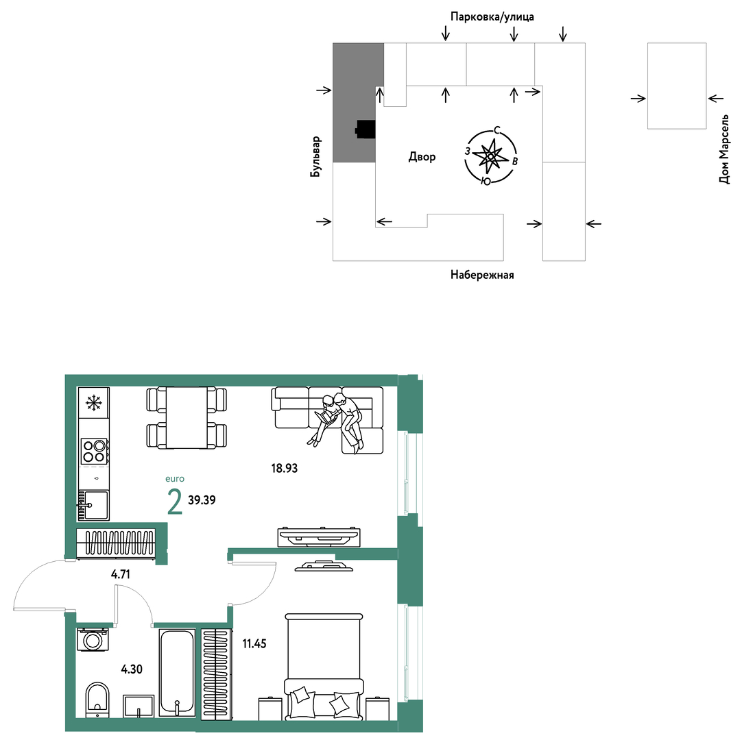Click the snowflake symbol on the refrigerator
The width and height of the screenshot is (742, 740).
(x=94, y=403)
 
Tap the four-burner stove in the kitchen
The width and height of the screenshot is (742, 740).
(x=94, y=451)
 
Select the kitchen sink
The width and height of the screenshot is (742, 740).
(x=93, y=505)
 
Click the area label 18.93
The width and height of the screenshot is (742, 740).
(x=285, y=468)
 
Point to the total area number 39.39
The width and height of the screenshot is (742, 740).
(x=202, y=500)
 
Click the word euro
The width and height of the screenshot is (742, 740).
(x=175, y=478)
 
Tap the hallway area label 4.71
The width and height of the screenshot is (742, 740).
(x=121, y=574)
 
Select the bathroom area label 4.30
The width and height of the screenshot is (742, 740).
(x=132, y=669)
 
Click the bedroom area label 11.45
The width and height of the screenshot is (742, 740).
(x=254, y=643)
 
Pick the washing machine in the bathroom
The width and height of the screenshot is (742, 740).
(x=93, y=640)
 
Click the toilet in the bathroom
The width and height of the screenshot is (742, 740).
(x=97, y=700)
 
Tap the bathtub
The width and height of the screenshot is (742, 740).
(x=177, y=672)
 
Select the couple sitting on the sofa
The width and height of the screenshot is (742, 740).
(x=337, y=419)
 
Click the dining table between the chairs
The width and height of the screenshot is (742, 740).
(x=187, y=417)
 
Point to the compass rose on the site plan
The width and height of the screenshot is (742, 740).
(x=491, y=156)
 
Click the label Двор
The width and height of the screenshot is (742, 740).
(x=422, y=156)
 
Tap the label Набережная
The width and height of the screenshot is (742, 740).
(x=482, y=275)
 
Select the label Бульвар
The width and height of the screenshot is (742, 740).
(x=315, y=156)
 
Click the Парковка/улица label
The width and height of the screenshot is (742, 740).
(x=492, y=17)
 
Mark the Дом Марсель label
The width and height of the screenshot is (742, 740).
(x=724, y=149)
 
